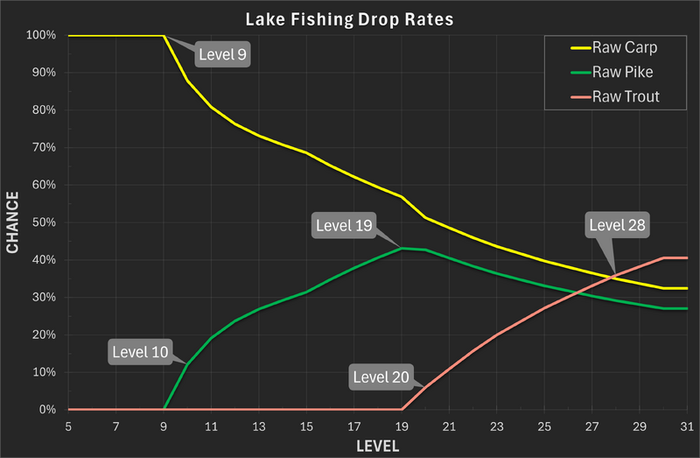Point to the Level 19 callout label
344,226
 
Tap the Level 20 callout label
381,377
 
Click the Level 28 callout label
619,225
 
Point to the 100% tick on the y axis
41,36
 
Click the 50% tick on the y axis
44,222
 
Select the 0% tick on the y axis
47,410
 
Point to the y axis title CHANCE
13,223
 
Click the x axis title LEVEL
377,446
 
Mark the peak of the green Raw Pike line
402,248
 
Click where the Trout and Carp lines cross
614,278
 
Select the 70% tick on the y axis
44,148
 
